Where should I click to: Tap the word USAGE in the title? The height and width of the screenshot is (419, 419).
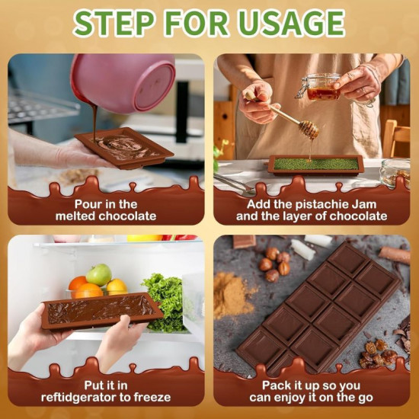290,23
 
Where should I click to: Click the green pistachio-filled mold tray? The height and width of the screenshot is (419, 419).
315,165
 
